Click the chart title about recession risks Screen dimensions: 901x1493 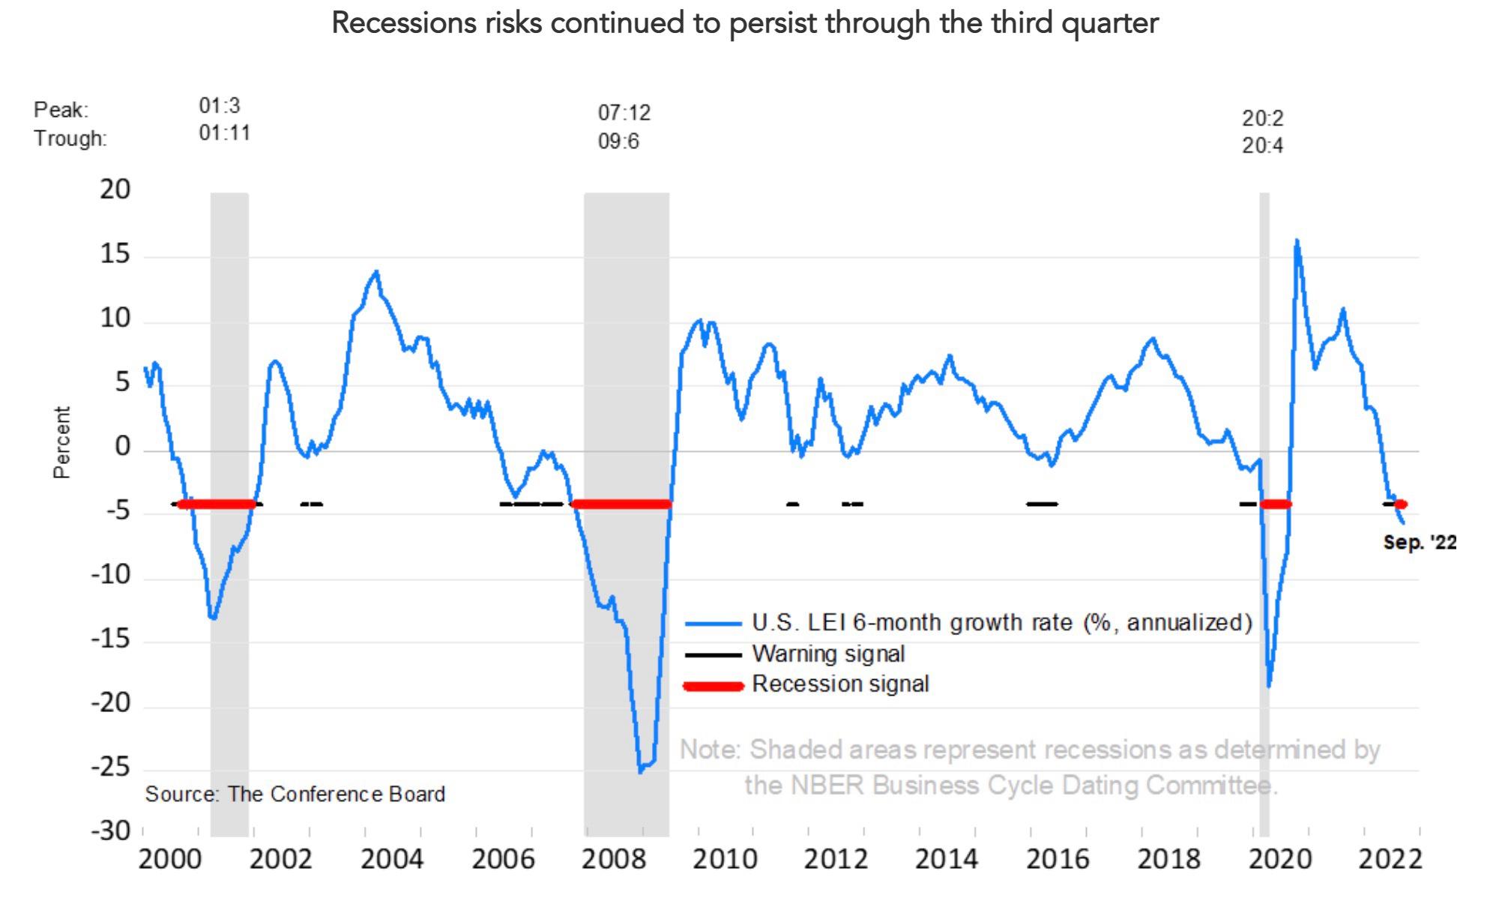click(x=745, y=23)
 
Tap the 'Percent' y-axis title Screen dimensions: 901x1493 click(x=61, y=442)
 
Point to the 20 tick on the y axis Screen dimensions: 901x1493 click(x=115, y=190)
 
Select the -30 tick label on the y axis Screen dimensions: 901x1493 click(x=111, y=831)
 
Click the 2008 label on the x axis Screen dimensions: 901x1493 click(x=614, y=860)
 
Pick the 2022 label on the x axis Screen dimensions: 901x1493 click(x=1390, y=860)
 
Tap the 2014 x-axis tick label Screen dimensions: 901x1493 click(x=947, y=860)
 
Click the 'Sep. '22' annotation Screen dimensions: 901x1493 click(x=1420, y=543)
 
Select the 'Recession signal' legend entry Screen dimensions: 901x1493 click(x=840, y=684)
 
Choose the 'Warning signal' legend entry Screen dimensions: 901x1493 click(x=828, y=654)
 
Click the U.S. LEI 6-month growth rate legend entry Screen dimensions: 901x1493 click(x=1001, y=623)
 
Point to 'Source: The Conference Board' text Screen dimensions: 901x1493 click(x=295, y=795)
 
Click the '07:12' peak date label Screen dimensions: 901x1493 click(x=624, y=113)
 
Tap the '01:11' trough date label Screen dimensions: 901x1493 click(x=224, y=133)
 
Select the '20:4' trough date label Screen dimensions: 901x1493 click(x=1262, y=145)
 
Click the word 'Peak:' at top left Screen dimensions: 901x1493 click(x=61, y=110)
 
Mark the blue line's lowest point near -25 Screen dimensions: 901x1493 click(x=640, y=771)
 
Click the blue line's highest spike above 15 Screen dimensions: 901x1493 click(x=1297, y=241)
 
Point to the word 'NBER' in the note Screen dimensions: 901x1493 click(x=827, y=786)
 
